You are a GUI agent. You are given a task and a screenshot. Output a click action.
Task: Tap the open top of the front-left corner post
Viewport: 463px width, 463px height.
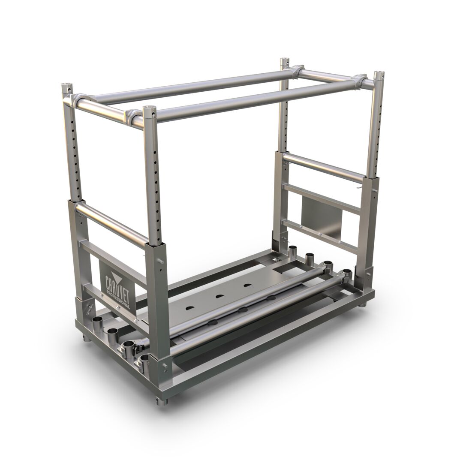pos(66,86)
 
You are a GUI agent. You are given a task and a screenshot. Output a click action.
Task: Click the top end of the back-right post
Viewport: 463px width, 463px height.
pos(379,74)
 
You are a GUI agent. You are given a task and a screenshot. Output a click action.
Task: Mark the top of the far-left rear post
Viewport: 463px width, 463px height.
pos(284,60)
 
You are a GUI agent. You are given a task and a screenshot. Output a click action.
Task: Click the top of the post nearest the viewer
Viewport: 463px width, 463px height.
pos(149,109)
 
